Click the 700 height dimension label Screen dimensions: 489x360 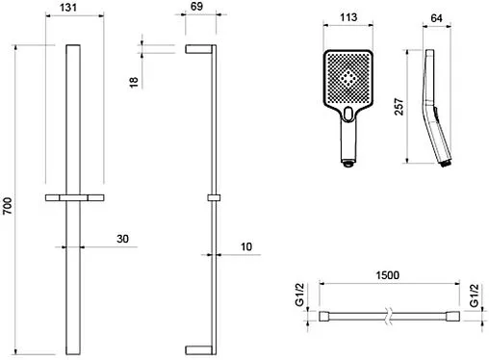click(8, 206)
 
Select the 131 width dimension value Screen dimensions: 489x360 click(68, 8)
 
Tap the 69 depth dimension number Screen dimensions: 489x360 click(196, 7)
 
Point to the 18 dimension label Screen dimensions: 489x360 click(134, 82)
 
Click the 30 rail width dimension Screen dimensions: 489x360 click(122, 239)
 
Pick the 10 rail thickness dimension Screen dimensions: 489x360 click(246, 246)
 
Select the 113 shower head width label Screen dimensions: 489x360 click(348, 17)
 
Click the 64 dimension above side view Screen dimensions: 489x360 click(436, 18)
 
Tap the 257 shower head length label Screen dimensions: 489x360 click(399, 107)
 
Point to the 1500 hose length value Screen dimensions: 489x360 click(388, 275)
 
